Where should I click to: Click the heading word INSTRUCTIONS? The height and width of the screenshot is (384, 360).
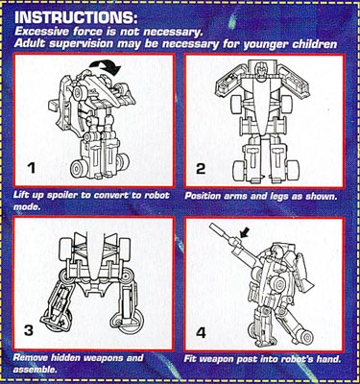click(76, 17)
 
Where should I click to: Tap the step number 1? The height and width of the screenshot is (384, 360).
click(31, 168)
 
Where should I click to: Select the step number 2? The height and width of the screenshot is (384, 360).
click(201, 168)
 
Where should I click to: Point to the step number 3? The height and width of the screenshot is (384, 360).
click(29, 330)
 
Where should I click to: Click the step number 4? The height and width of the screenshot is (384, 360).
click(201, 333)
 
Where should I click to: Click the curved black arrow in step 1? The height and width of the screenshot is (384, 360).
click(105, 65)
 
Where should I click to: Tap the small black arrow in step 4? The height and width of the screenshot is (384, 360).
click(244, 234)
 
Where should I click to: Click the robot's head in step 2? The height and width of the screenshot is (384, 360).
click(260, 70)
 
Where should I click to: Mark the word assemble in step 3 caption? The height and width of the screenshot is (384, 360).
click(35, 370)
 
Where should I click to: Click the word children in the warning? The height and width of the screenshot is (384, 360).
click(314, 44)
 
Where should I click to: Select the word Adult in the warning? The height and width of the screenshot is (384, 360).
click(26, 43)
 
